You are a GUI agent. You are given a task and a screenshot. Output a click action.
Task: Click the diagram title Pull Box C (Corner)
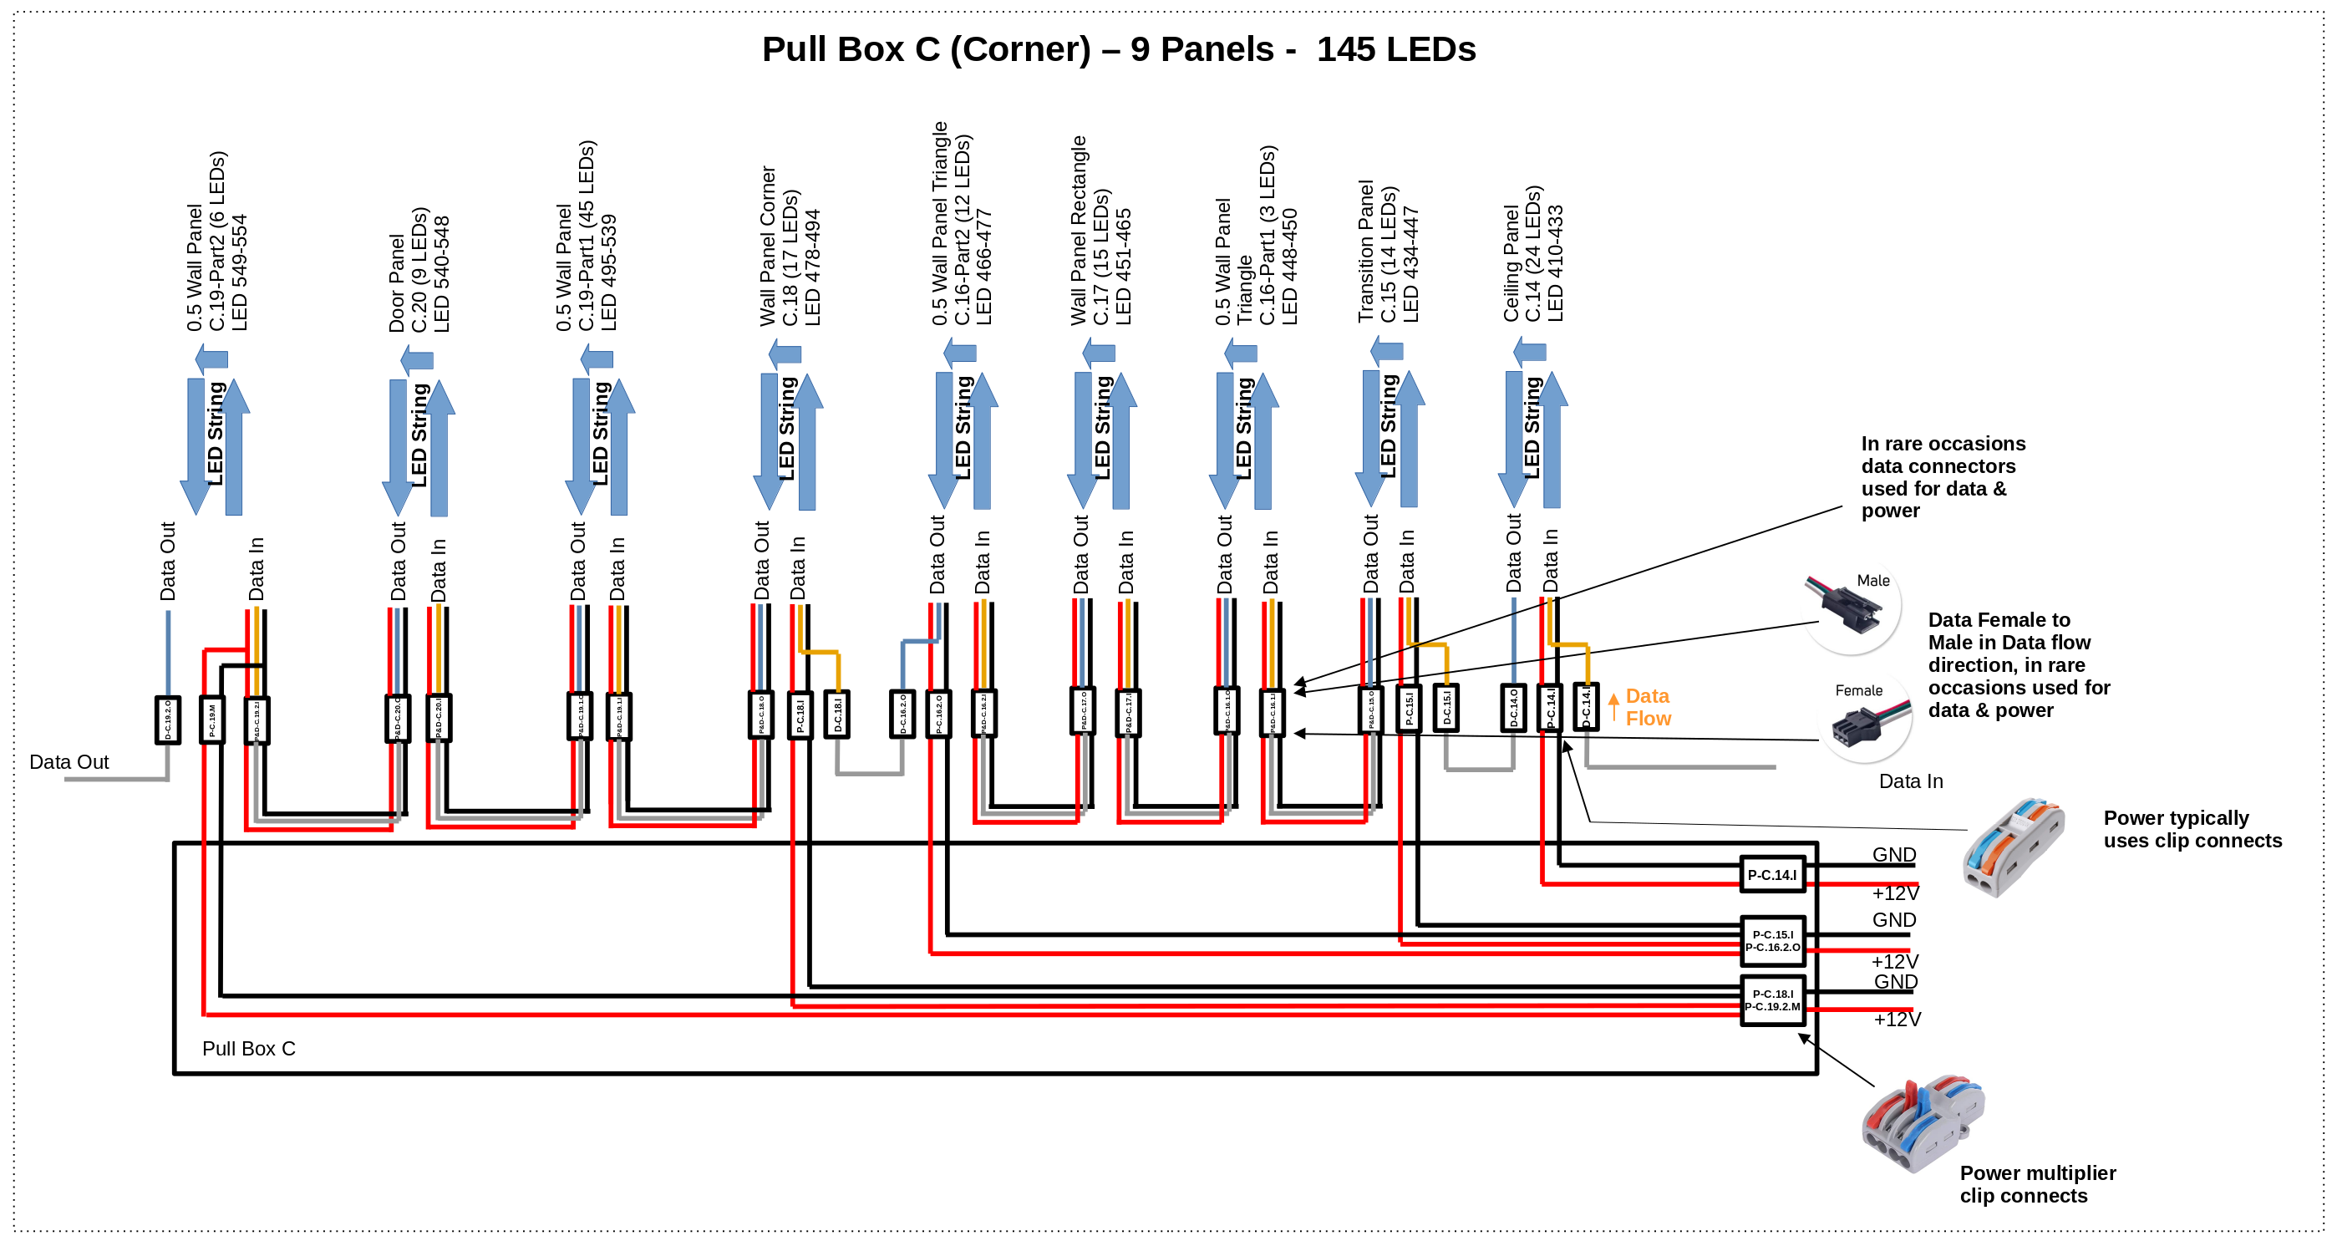tap(1118, 49)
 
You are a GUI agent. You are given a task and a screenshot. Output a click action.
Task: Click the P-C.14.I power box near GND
tap(1771, 874)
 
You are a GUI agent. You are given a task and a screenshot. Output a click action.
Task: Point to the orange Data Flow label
tap(1647, 707)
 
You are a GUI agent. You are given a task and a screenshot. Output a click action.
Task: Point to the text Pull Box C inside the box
tap(249, 1048)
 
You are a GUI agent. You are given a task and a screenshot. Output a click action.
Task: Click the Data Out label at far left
tap(69, 762)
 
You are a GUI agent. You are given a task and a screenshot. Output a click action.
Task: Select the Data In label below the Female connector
tap(1910, 781)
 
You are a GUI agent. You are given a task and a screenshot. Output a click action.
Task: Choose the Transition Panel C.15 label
tap(1387, 252)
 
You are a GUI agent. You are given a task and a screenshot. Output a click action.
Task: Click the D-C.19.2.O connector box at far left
tap(168, 720)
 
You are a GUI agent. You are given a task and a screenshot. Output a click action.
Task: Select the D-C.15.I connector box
tap(1445, 709)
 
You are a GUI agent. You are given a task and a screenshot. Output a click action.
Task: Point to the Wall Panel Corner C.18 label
tap(790, 247)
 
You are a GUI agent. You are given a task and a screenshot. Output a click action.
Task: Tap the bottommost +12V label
tap(1896, 1019)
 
